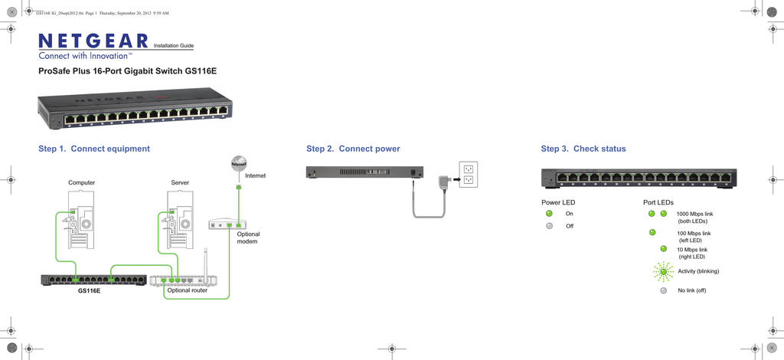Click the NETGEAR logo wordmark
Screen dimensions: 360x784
coord(93,41)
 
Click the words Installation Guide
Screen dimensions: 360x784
coord(174,46)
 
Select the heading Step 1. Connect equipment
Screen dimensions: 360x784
coord(94,149)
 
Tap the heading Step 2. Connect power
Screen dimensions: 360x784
coord(353,149)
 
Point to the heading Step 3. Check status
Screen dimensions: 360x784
coord(583,149)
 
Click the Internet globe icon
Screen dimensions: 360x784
coord(239,164)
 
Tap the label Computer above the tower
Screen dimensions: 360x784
coord(82,183)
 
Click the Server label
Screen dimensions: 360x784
coord(180,183)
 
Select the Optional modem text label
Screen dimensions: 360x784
coord(248,237)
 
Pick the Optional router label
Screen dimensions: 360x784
coord(187,290)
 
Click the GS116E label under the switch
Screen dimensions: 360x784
coord(89,291)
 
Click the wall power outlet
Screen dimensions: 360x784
coord(467,175)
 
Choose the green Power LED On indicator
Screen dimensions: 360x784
coord(549,214)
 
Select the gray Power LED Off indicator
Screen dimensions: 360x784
coord(549,226)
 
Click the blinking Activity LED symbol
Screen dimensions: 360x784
coord(664,271)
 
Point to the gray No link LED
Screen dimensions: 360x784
coord(663,290)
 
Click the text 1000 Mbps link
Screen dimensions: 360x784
coord(694,214)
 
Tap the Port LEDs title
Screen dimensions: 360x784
coord(658,202)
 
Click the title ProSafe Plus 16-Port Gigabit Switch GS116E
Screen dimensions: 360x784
coord(127,71)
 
